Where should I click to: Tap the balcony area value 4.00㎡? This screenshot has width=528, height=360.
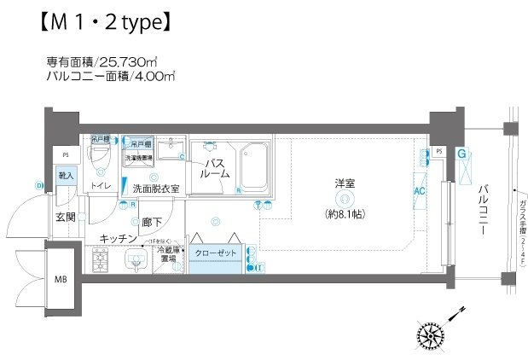155,77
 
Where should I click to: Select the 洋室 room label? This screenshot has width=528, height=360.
345,183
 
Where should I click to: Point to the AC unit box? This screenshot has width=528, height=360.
420,191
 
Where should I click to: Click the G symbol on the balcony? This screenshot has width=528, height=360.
461,154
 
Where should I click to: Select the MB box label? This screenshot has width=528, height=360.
61,279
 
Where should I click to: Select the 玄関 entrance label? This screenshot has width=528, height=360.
66,217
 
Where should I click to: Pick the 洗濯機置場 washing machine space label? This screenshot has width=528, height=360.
139,158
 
